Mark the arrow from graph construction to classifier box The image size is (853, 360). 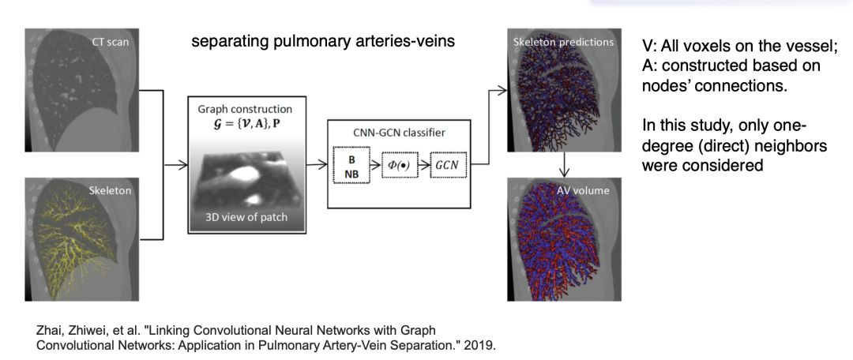tap(317, 164)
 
